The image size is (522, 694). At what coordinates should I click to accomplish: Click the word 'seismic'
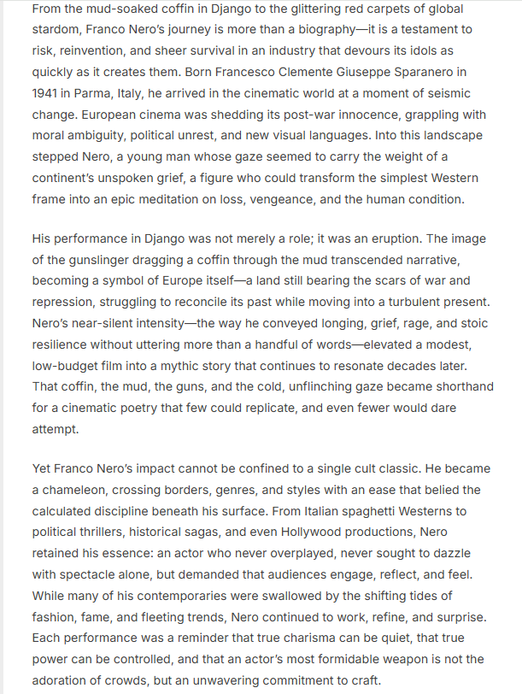(447, 94)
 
